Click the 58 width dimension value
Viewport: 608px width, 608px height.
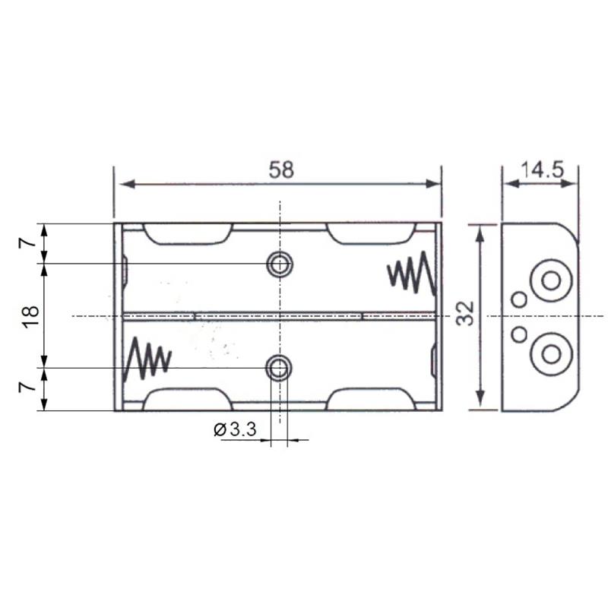point(281,169)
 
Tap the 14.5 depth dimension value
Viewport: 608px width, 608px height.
point(542,169)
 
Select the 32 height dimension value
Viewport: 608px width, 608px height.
point(465,313)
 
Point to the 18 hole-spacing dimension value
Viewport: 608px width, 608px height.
point(30,316)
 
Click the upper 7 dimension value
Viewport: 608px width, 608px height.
point(27,243)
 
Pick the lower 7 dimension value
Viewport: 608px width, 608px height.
point(27,387)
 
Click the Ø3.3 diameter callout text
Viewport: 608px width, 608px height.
point(235,429)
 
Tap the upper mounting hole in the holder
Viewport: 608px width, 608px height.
point(279,264)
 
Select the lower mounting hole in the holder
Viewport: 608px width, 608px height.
point(278,368)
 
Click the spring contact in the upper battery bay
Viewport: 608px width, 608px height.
point(411,273)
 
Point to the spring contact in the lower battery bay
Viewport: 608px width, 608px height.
point(147,359)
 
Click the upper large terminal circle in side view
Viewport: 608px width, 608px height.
point(551,280)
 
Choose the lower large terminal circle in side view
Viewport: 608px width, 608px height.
point(551,353)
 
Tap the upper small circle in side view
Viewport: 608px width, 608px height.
point(519,299)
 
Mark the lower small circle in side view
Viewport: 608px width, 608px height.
point(519,334)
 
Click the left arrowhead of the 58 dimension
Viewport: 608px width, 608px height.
point(127,184)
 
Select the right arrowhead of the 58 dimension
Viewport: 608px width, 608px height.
point(433,184)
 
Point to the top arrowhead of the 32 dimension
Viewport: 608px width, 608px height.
point(480,234)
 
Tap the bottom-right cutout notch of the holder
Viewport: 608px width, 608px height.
point(372,399)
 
